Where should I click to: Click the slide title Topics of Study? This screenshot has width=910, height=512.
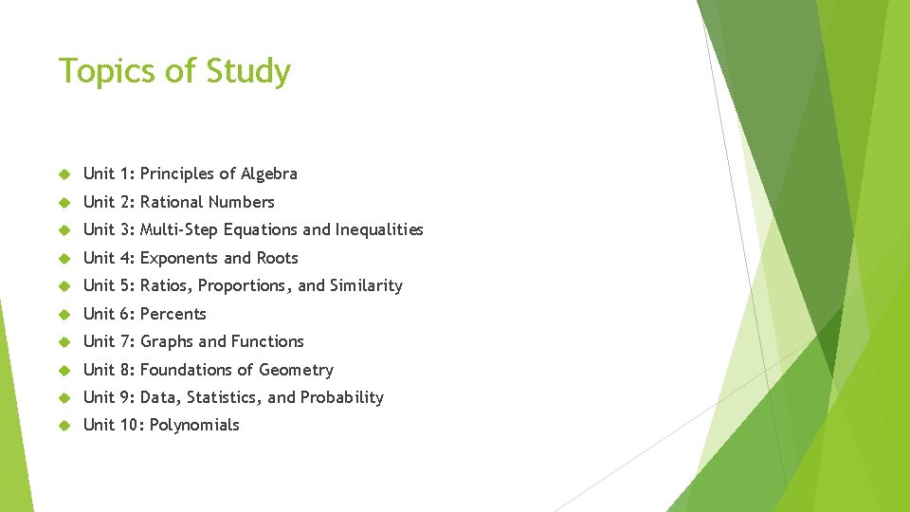click(174, 71)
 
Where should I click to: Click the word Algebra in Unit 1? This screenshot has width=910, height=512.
click(269, 174)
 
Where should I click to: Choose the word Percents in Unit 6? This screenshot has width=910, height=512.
click(173, 314)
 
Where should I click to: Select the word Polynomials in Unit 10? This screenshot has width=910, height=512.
click(194, 425)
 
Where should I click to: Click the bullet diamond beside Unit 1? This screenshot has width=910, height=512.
click(64, 174)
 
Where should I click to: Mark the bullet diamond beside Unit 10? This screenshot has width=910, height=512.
click(64, 426)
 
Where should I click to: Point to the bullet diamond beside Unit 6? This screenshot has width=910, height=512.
click(64, 314)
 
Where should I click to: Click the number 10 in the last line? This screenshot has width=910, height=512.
click(130, 425)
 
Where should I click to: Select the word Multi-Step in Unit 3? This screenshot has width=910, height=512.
click(179, 229)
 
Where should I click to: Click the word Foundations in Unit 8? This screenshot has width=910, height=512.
click(185, 370)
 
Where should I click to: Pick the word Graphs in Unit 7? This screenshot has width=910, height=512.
click(167, 341)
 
